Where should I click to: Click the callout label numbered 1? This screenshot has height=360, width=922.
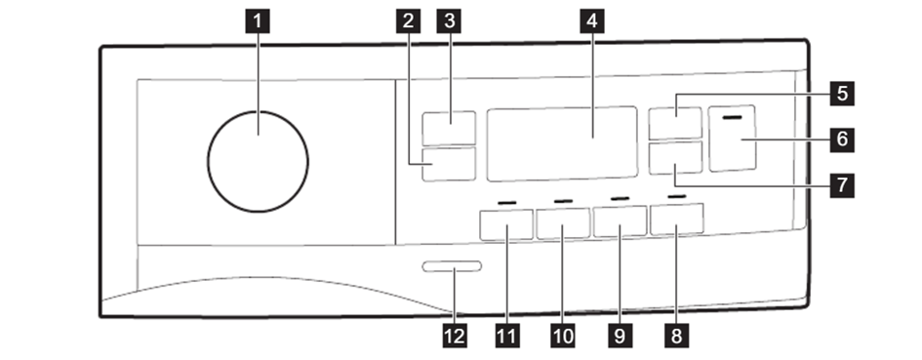(x=257, y=21)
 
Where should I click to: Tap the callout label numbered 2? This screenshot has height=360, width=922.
(x=408, y=21)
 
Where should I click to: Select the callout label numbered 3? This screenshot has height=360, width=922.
(x=449, y=21)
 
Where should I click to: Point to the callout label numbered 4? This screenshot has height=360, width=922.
(x=591, y=21)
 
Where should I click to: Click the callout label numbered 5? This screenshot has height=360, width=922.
(x=842, y=93)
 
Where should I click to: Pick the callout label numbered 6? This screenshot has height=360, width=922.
(x=842, y=140)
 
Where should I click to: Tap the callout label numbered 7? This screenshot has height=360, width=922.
(x=842, y=185)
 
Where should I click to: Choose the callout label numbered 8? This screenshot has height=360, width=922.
(x=676, y=336)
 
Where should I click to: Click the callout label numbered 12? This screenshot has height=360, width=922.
(x=455, y=336)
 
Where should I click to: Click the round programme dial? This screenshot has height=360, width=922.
(x=258, y=161)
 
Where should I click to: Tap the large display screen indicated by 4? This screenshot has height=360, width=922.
(x=562, y=143)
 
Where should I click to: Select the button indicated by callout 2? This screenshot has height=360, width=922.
(x=449, y=164)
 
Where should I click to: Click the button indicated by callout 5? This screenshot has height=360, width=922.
(x=675, y=124)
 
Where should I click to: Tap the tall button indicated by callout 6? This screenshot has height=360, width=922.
(x=733, y=139)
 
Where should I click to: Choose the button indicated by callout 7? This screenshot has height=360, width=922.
(x=675, y=158)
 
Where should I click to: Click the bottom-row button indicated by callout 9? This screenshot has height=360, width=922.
(x=620, y=221)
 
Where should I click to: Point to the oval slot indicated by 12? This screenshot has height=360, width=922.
(x=452, y=266)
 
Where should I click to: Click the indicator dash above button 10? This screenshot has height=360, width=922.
(x=563, y=201)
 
